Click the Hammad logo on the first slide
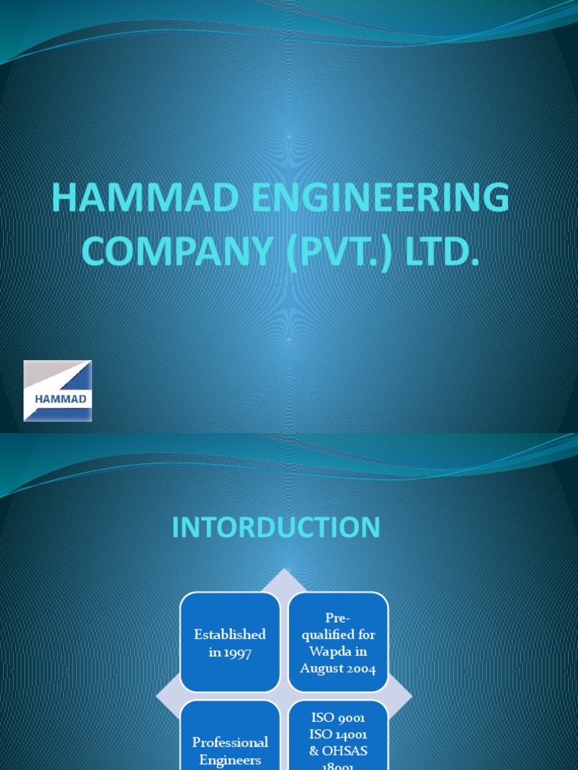point(58,391)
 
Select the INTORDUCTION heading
point(276,528)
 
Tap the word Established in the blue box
point(230,635)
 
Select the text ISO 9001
point(338,718)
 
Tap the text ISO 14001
point(338,734)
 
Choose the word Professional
point(230,742)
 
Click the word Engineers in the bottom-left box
point(230,759)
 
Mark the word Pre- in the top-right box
point(338,618)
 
